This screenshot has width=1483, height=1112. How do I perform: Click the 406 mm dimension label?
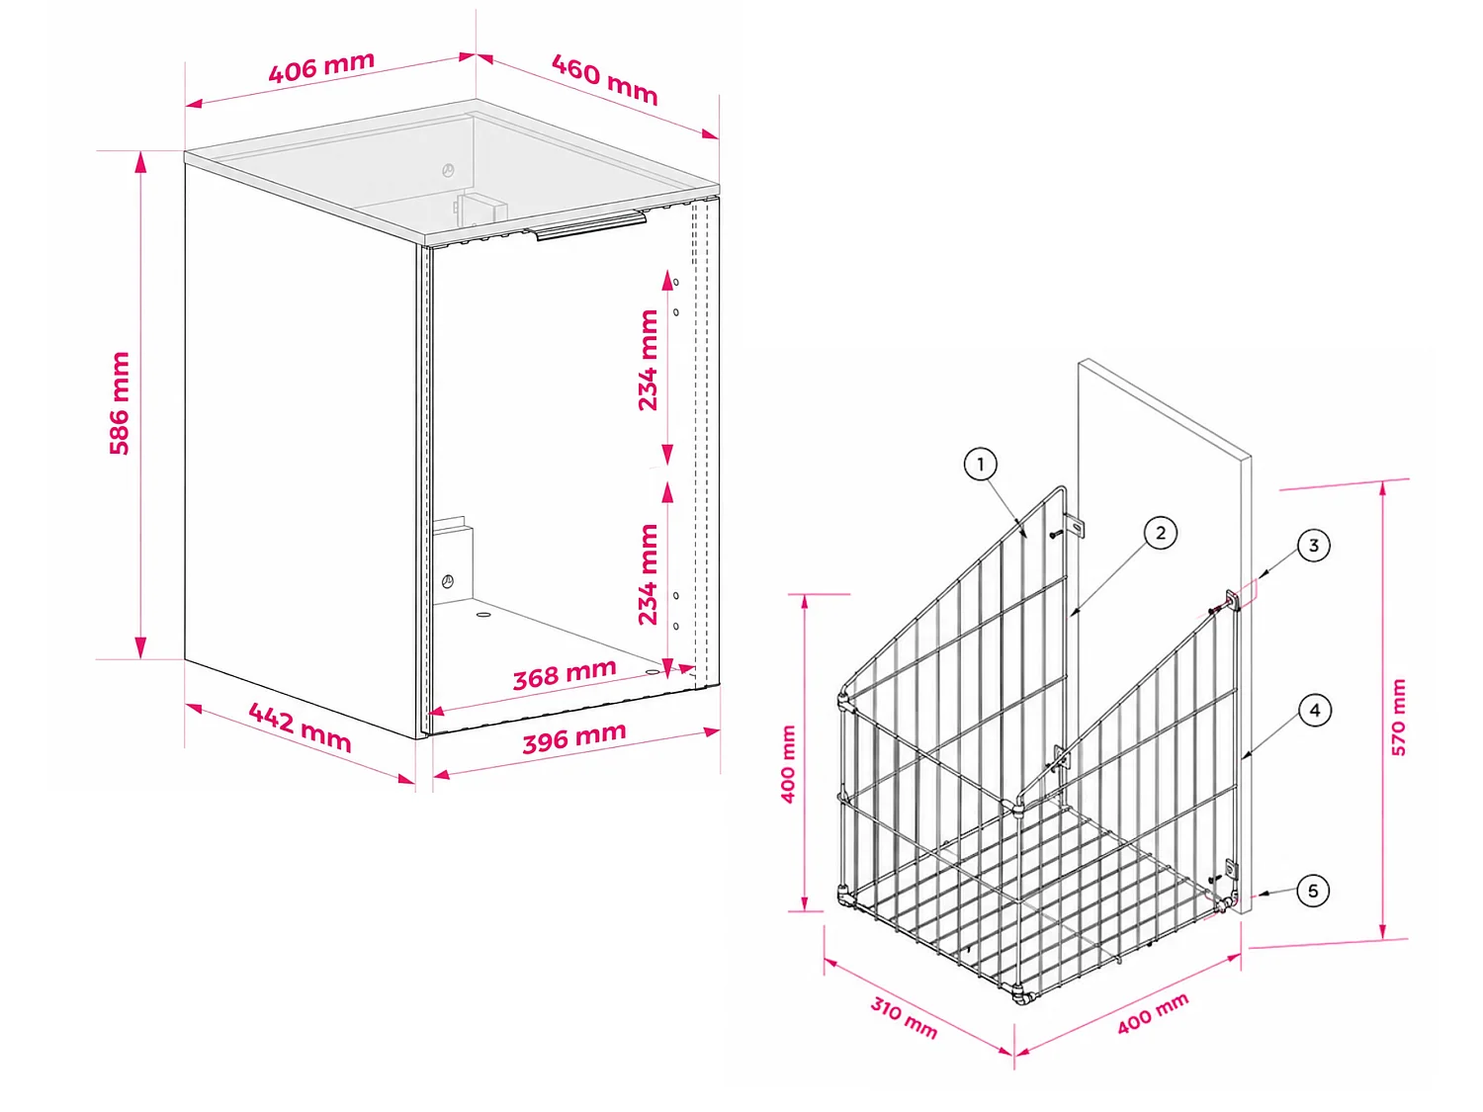pyautogui.click(x=321, y=67)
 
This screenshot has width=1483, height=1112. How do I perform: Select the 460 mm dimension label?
pyautogui.click(x=605, y=80)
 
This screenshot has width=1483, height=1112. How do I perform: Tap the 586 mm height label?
pyautogui.click(x=120, y=403)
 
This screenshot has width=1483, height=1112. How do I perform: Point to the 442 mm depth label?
pyautogui.click(x=300, y=727)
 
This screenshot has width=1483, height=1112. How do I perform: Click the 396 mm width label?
pyautogui.click(x=574, y=738)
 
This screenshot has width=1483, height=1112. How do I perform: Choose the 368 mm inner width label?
pyautogui.click(x=565, y=674)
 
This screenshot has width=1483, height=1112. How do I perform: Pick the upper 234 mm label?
pyautogui.click(x=648, y=360)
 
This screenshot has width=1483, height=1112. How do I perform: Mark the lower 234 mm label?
pyautogui.click(x=648, y=574)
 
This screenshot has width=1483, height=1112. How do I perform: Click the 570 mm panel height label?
pyautogui.click(x=1399, y=718)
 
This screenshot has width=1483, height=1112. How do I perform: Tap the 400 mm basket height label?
pyautogui.click(x=788, y=764)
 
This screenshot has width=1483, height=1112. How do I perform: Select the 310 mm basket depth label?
pyautogui.click(x=904, y=1018)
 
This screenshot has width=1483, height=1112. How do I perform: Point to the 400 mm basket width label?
pyautogui.click(x=1153, y=1014)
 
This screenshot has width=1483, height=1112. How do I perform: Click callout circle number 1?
pyautogui.click(x=981, y=465)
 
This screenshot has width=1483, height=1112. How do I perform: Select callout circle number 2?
pyautogui.click(x=1161, y=533)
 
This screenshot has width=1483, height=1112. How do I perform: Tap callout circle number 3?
pyautogui.click(x=1313, y=546)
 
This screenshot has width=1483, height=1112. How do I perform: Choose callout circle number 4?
pyautogui.click(x=1315, y=711)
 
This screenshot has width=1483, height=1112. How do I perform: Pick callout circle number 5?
pyautogui.click(x=1313, y=892)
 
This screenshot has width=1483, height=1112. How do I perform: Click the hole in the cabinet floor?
pyautogui.click(x=483, y=615)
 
